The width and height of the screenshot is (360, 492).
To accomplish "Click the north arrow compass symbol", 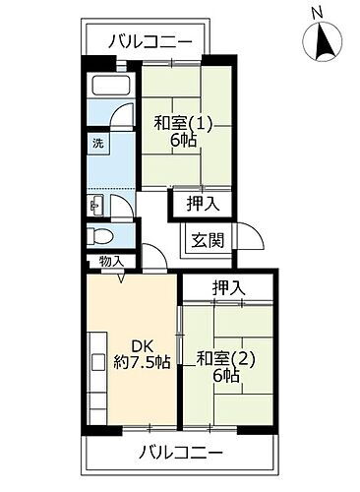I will [x=325, y=42].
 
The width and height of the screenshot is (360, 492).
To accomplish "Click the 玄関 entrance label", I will [x=207, y=239].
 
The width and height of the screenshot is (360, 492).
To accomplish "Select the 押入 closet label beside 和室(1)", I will [x=204, y=204].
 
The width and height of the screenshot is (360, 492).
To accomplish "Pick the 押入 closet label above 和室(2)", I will [x=228, y=287].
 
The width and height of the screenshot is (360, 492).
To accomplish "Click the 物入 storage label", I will [x=111, y=261].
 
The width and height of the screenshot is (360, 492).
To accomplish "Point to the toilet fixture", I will [x=96, y=235].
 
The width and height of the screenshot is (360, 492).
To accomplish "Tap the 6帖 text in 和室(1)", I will [x=184, y=143].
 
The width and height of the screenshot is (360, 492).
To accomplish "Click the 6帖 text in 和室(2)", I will [x=225, y=376].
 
